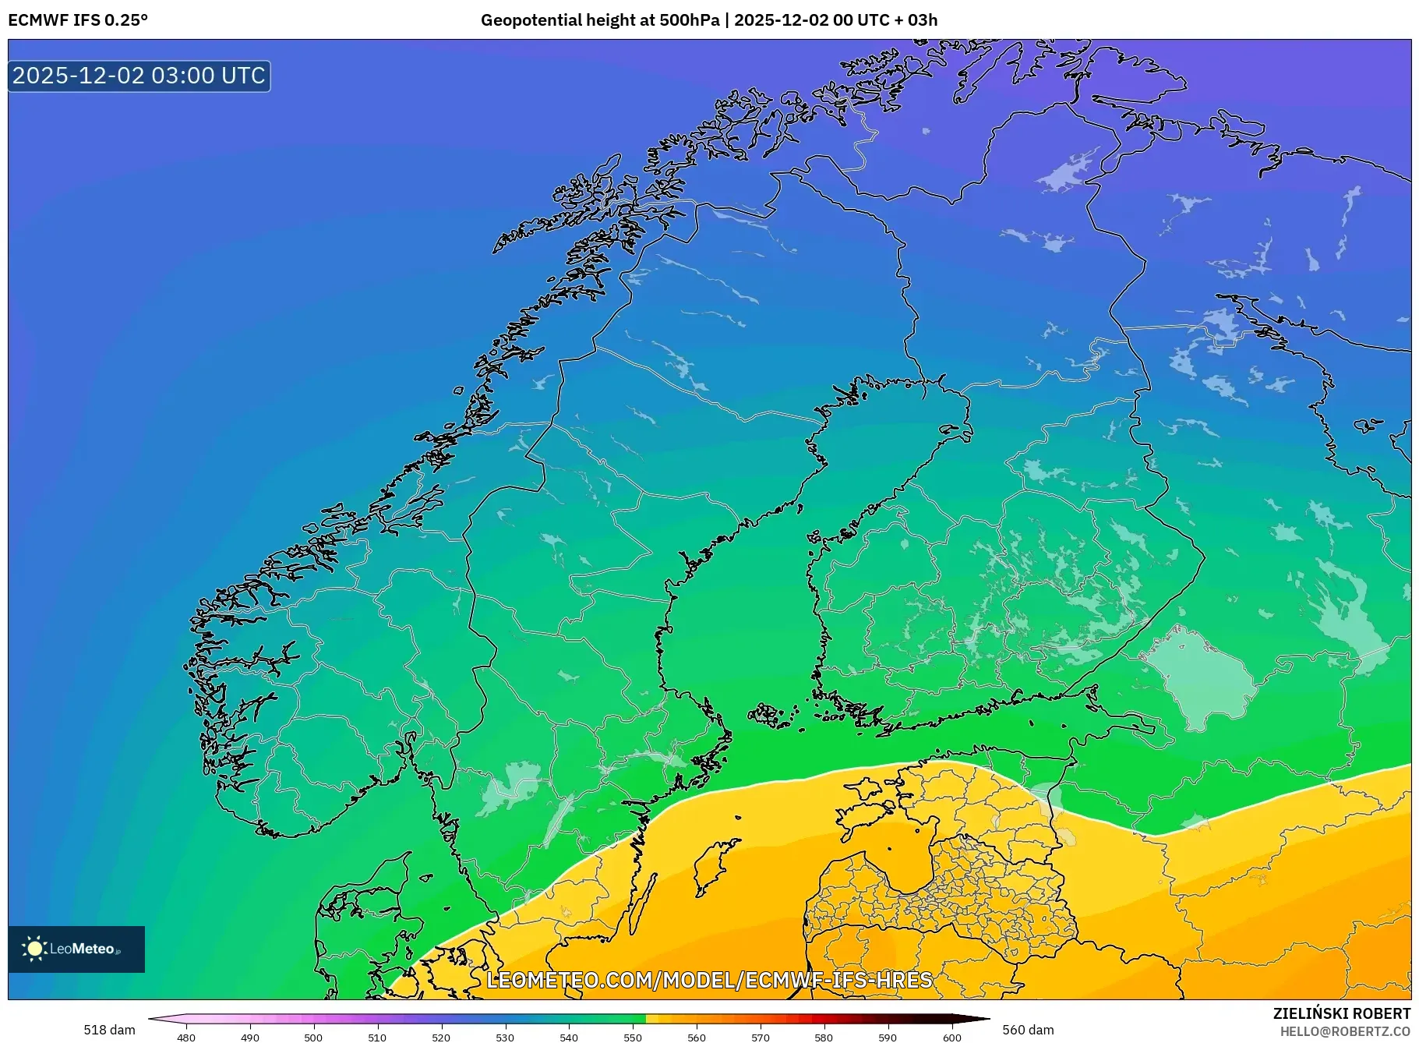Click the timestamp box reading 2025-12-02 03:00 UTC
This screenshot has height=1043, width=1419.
coord(139,76)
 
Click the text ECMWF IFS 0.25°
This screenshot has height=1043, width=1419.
coord(78,20)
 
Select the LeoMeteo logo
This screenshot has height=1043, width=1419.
coord(76,949)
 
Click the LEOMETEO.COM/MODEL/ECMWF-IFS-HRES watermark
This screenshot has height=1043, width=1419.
coord(709,980)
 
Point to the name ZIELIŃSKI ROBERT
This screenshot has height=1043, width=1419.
coord(1341,1013)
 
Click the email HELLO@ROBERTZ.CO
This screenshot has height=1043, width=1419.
coord(1345,1031)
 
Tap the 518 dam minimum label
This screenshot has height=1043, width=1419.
coord(109,1030)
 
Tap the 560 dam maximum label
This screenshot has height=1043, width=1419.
coord(1027,1030)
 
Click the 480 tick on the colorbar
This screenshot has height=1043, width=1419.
coord(186,1037)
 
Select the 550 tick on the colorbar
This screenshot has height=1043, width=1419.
coord(633,1037)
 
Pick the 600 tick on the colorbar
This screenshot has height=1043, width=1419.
coord(951,1037)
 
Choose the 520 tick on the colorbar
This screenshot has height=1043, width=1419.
coord(441,1037)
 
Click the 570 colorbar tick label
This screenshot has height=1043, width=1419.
coord(761,1037)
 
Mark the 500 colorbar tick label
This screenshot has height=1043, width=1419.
coord(313,1037)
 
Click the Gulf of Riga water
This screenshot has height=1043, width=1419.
coord(909,861)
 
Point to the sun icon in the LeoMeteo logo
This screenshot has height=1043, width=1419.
coord(35,949)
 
